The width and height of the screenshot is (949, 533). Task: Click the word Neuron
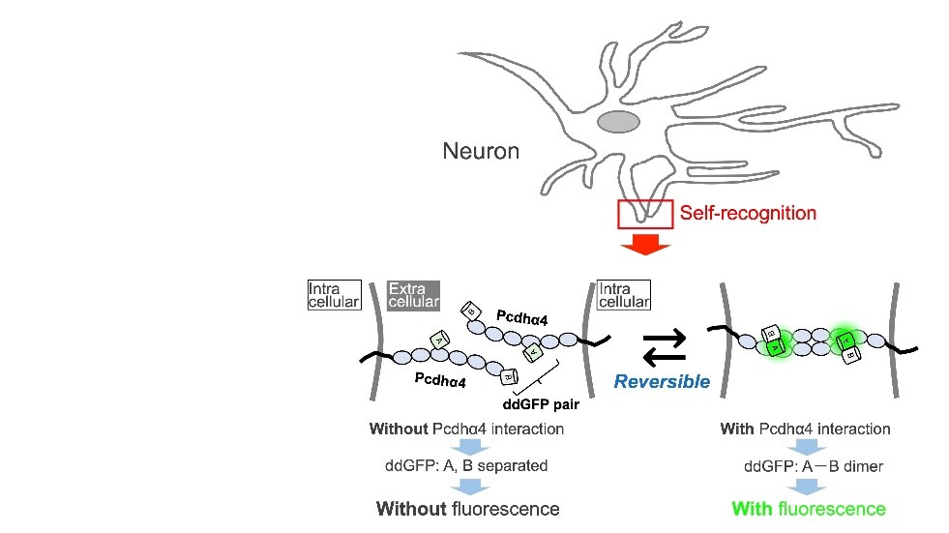(481, 151)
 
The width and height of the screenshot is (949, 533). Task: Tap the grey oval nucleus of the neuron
(617, 122)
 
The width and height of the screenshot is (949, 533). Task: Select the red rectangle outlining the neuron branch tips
(645, 214)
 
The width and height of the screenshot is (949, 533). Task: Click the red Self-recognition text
(749, 213)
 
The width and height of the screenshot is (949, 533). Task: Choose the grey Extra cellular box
(412, 295)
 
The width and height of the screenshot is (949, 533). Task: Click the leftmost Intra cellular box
(333, 295)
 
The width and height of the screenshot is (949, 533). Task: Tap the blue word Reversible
(662, 381)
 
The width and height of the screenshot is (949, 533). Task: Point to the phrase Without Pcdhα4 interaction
(466, 429)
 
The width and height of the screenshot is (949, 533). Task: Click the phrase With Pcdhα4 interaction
(806, 429)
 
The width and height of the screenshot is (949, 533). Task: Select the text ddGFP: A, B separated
(466, 465)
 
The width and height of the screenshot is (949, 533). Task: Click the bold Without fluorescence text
(468, 508)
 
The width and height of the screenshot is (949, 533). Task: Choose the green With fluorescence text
(809, 508)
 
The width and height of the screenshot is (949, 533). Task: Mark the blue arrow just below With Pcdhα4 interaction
(805, 447)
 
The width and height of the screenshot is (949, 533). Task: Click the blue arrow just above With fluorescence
(805, 486)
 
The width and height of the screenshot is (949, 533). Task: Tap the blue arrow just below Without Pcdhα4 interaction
(467, 447)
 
